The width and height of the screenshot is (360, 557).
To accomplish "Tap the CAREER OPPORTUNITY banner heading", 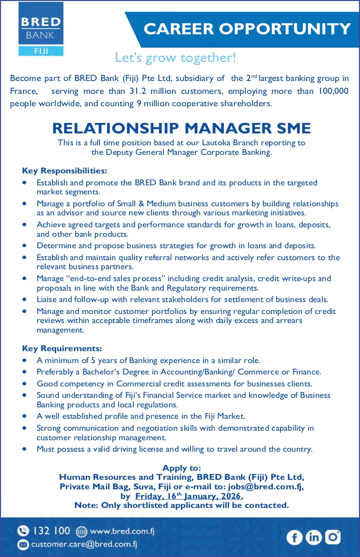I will point(247,29).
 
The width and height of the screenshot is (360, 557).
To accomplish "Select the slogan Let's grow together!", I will point(175,58).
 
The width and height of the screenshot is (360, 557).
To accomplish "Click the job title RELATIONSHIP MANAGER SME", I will point(181,128).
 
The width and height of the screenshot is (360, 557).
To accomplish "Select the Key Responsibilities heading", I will point(65,171).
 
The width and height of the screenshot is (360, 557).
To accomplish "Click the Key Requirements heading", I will point(62,348).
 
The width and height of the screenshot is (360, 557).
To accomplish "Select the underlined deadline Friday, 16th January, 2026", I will point(190,496).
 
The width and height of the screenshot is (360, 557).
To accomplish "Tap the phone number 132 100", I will point(52,531).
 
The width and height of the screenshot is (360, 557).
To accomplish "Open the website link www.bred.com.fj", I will point(122,531).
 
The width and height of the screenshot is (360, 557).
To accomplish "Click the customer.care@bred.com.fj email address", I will point(84,544).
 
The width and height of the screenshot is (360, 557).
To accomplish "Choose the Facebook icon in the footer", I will point(294,537).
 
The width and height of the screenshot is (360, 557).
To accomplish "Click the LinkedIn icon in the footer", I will point(313,537).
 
